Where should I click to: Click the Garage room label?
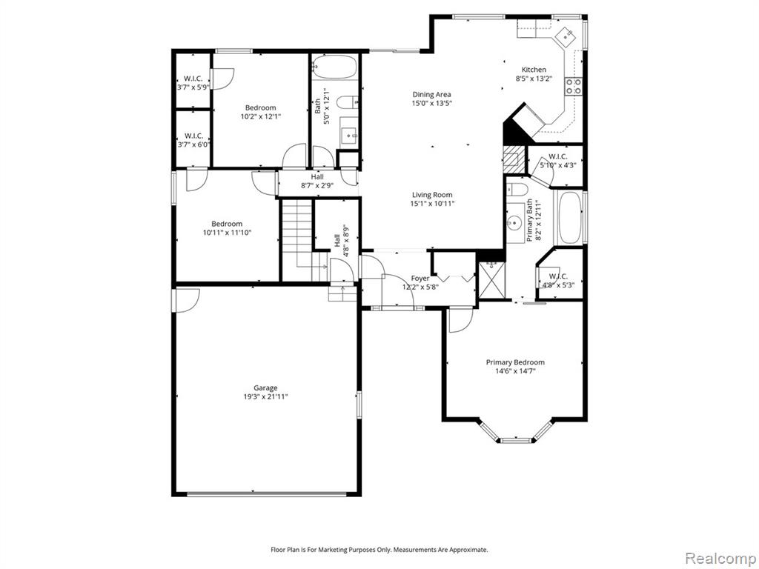(266, 387)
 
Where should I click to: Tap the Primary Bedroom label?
(515, 362)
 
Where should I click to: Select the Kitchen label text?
(534, 70)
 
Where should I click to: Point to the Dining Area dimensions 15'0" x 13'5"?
(432, 103)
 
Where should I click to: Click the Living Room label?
(432, 195)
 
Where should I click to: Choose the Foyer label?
(420, 279)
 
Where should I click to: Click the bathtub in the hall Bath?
(334, 67)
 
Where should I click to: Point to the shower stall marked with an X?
(491, 280)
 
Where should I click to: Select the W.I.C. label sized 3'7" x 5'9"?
(193, 83)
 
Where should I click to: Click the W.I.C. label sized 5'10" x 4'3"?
(557, 161)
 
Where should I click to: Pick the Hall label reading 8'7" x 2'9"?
(317, 181)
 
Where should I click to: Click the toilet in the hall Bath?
(347, 102)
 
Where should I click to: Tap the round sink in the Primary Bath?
(514, 223)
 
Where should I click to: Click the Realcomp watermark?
(720, 558)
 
